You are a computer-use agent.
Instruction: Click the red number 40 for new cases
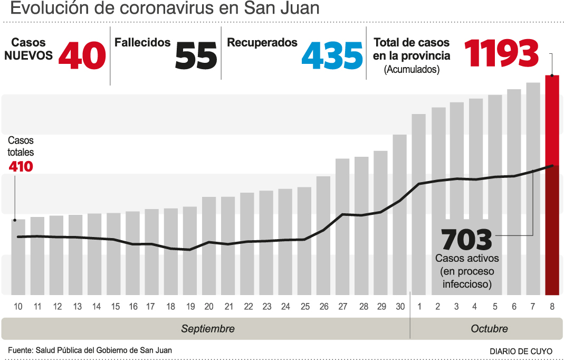tap(82, 55)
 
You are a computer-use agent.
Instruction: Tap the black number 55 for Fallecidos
tap(196, 55)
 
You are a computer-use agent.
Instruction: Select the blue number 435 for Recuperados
tap(332, 55)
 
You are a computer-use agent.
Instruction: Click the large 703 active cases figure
tap(466, 240)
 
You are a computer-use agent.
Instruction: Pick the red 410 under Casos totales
tap(21, 167)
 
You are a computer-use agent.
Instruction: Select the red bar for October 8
tap(552, 185)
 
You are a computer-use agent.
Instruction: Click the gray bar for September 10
tap(18, 257)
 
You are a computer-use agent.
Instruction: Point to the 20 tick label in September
tap(209, 307)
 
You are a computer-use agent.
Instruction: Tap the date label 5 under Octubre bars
tap(495, 307)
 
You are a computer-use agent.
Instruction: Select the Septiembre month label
tap(207, 329)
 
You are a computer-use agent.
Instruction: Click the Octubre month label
tap(489, 329)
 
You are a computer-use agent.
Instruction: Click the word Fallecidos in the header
tap(142, 43)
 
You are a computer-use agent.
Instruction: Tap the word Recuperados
tap(262, 43)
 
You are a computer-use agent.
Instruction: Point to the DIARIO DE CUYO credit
tap(521, 351)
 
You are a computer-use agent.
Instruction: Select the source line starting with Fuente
tap(90, 350)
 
